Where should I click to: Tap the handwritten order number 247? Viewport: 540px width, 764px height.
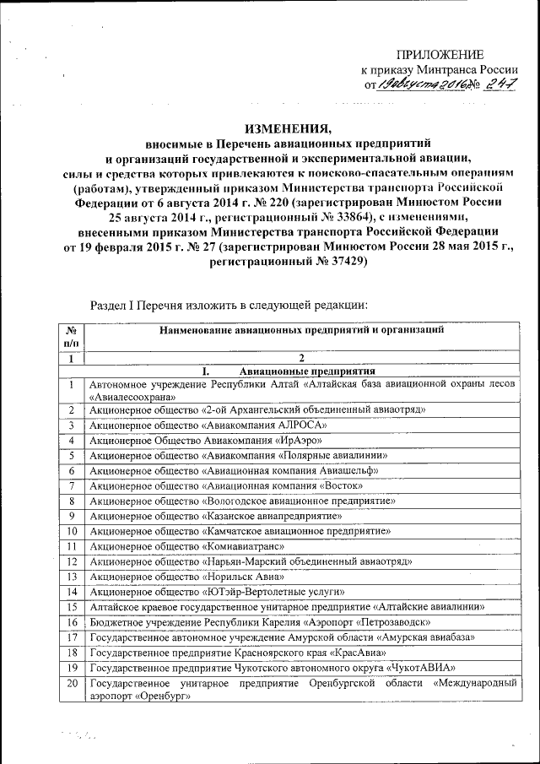click(x=496, y=84)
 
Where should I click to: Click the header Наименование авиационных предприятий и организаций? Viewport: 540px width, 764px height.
click(x=300, y=330)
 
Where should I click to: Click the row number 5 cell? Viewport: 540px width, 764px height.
click(x=72, y=455)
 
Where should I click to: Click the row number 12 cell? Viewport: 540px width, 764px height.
click(x=72, y=561)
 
